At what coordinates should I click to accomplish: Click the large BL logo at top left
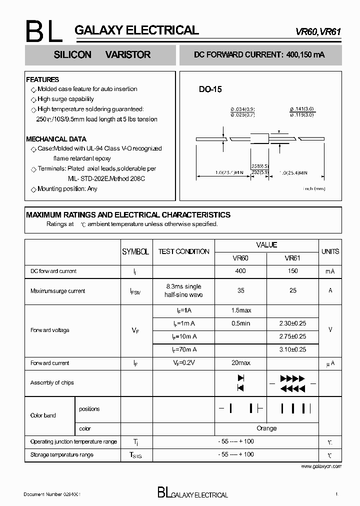[44, 32]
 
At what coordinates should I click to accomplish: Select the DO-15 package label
[210, 89]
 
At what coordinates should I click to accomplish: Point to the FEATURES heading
[42, 79]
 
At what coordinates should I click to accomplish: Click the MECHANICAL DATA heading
[56, 139]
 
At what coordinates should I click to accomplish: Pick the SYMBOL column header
[135, 251]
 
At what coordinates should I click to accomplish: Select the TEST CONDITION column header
[183, 251]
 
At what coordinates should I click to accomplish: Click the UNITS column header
[330, 251]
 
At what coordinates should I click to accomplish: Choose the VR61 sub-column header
[292, 258]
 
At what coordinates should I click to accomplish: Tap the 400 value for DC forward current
[240, 271]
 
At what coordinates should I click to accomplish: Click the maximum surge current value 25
[292, 290]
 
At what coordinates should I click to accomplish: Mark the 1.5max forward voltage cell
[241, 310]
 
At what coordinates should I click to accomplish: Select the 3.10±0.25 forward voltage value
[292, 349]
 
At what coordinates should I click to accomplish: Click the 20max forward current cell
[241, 363]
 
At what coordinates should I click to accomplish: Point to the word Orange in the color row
[266, 428]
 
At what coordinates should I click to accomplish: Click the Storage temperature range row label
[61, 454]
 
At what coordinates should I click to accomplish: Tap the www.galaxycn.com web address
[321, 466]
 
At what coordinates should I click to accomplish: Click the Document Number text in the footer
[52, 494]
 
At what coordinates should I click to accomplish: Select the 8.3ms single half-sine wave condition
[183, 290]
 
